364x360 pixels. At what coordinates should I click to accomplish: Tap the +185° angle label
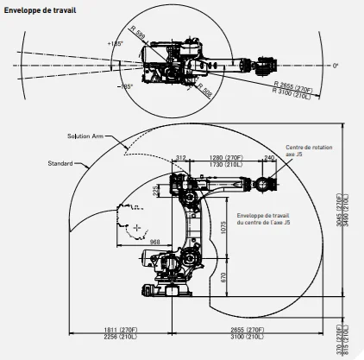pos(115,42)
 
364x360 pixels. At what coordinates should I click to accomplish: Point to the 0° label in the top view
pos(335,65)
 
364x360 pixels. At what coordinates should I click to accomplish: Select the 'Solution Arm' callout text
pos(87,136)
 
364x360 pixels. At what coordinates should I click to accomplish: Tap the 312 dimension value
pos(181,156)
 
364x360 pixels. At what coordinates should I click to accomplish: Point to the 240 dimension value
pos(269,156)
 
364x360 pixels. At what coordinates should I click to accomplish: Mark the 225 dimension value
pos(156,191)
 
